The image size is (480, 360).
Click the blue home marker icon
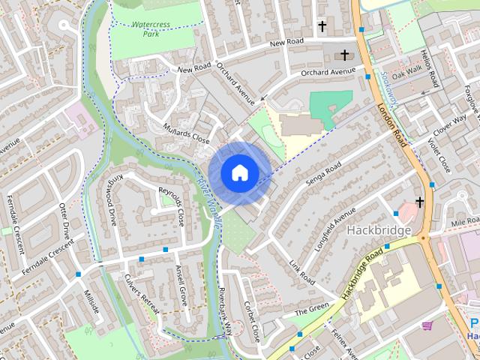point(239,172)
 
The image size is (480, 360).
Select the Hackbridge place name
point(379,230)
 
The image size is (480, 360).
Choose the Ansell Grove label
point(179,286)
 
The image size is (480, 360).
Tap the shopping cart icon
point(427,326)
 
